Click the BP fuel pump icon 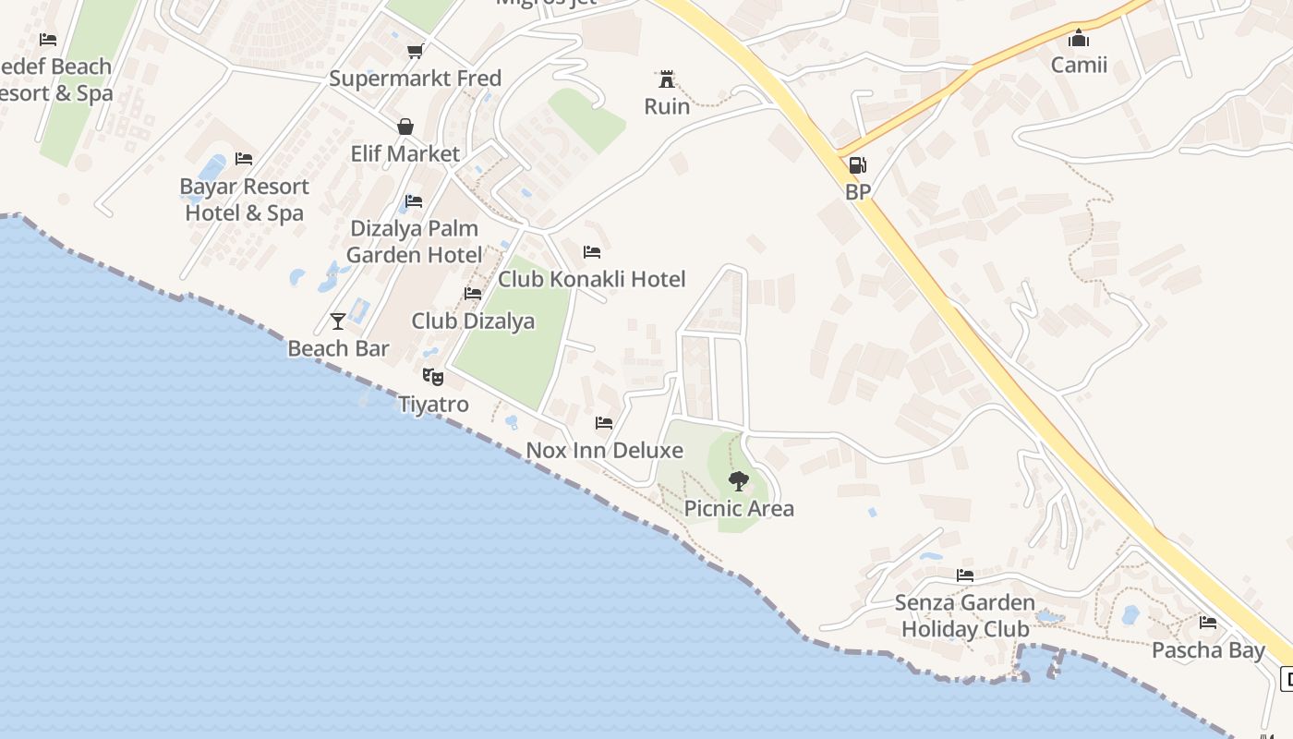857,165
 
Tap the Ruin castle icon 666,79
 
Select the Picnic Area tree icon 738,480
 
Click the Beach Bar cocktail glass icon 338,321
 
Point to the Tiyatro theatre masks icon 432,376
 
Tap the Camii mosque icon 1078,38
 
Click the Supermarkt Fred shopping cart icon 415,51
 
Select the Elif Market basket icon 405,127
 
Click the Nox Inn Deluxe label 604,451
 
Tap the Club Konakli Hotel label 591,279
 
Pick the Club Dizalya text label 473,321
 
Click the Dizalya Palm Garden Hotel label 414,241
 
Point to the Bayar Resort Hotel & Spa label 244,200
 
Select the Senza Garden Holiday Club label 964,616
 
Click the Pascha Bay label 1207,650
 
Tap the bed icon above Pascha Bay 1207,622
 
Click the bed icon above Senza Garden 965,575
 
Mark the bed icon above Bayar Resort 244,159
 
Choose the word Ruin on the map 667,106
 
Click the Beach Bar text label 338,348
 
